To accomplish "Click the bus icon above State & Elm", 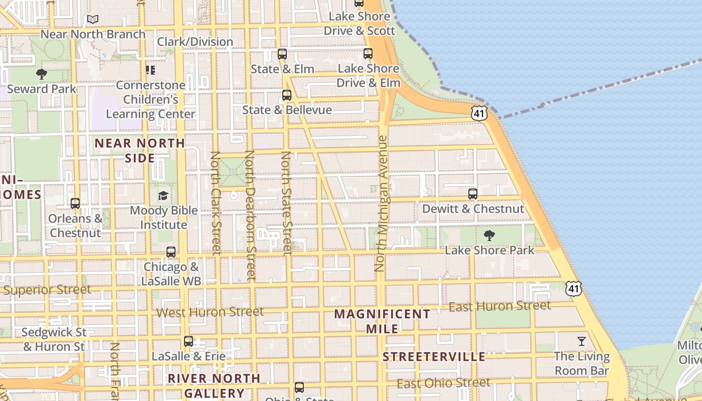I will (x=282, y=54).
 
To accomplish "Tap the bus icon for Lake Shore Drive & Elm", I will (x=368, y=54).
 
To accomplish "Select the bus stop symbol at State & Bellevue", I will (x=287, y=95).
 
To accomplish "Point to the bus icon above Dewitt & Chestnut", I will (x=472, y=194).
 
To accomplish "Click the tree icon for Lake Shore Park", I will (x=489, y=236).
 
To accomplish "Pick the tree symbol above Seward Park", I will (x=42, y=75).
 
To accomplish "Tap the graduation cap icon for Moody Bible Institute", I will (x=163, y=195).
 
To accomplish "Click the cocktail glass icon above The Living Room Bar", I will (x=582, y=342).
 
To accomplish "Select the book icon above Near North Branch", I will (x=93, y=20).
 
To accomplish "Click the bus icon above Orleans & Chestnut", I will (x=75, y=204).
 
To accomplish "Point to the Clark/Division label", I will (x=195, y=42).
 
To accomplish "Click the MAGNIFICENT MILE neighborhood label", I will (x=382, y=321).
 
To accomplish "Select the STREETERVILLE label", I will (x=434, y=357).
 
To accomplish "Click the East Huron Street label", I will (x=499, y=306).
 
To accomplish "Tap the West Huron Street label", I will (x=210, y=312).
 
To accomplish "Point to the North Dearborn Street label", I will (x=250, y=216).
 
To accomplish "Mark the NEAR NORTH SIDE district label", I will (x=140, y=150).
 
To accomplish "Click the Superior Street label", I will (x=47, y=290).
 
